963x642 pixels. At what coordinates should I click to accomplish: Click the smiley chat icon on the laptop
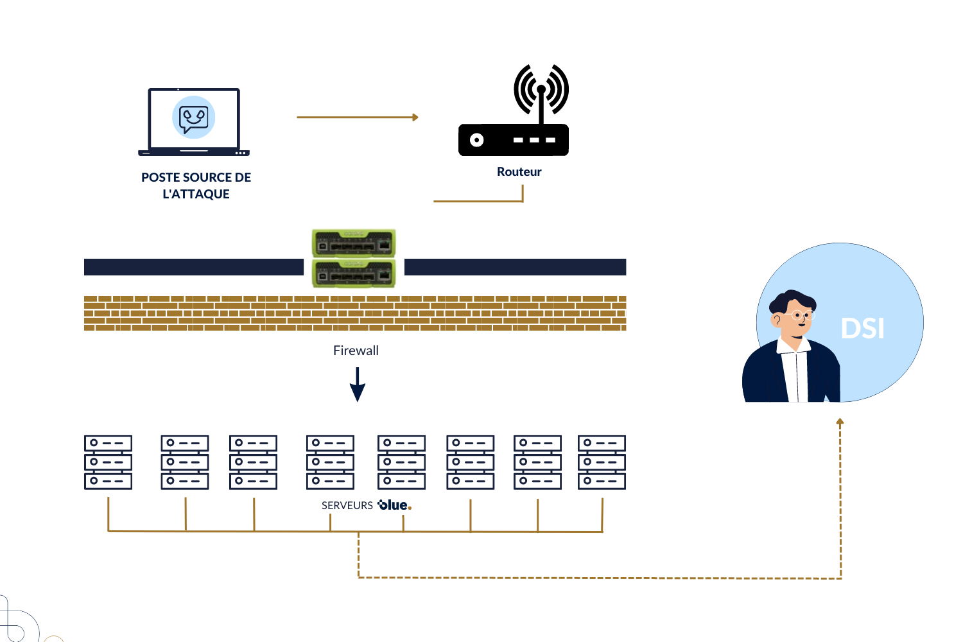(194, 118)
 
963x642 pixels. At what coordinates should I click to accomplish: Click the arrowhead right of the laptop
(415, 117)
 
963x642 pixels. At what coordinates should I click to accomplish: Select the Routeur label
(519, 172)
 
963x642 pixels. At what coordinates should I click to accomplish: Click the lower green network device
(354, 274)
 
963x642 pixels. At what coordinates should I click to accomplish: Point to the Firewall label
(356, 351)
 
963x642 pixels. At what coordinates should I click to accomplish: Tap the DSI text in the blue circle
(862, 329)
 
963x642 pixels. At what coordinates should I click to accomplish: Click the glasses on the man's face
(801, 315)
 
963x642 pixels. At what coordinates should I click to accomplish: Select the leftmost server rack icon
(108, 462)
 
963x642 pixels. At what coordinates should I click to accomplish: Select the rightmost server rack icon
(602, 462)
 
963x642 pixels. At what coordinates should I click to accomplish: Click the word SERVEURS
(347, 506)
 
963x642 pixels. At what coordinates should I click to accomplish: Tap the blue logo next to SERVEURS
(394, 505)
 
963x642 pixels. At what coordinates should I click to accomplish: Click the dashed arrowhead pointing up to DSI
(840, 422)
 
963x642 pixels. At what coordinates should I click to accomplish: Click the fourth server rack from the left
(330, 462)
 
